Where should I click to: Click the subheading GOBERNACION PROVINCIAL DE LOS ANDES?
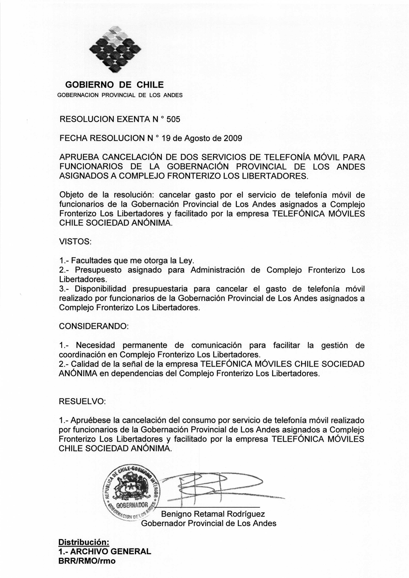coord(120,95)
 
